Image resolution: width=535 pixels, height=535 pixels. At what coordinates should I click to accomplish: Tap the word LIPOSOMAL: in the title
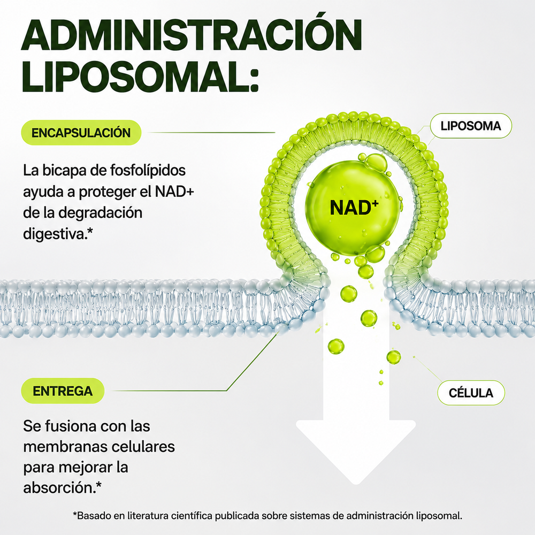(140, 76)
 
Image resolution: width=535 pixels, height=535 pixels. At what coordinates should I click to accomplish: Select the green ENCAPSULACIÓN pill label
(81, 133)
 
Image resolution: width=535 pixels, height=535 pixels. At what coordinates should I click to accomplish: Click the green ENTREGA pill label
(63, 391)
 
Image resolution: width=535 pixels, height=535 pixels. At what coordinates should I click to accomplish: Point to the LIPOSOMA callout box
(471, 126)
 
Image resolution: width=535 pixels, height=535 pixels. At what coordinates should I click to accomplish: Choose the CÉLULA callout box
(471, 393)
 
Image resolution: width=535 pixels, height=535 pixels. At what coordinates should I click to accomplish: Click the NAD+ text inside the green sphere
(354, 207)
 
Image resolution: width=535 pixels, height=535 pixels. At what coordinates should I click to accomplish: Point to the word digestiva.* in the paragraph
(58, 234)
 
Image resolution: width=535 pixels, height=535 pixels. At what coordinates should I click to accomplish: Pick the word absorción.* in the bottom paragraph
(62, 488)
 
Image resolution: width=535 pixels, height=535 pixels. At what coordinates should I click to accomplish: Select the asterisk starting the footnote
(75, 514)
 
